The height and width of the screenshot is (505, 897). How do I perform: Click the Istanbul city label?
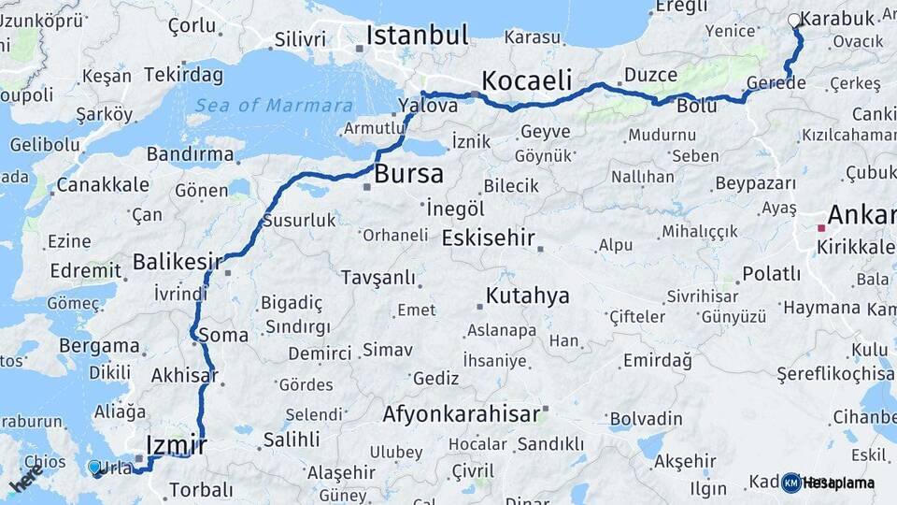[416, 36]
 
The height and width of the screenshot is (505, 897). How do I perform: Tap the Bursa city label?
[408, 174]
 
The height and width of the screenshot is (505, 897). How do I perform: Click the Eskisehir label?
[488, 237]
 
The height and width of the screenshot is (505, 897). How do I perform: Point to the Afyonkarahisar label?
[461, 413]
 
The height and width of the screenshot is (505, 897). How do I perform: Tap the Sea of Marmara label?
[275, 106]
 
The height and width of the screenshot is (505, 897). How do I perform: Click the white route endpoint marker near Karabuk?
[794, 20]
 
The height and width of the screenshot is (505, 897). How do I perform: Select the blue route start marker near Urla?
[93, 467]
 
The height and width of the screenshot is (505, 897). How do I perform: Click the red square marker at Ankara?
[821, 227]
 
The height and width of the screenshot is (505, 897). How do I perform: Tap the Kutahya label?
[527, 296]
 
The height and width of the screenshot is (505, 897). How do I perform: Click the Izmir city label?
[177, 445]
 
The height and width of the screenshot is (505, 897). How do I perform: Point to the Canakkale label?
[102, 184]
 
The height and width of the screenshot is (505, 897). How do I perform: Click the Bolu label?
[696, 107]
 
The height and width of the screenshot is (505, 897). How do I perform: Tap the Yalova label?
[427, 106]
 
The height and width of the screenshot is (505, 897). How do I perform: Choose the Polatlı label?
[771, 274]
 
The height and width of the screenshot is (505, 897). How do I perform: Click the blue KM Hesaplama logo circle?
[791, 483]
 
